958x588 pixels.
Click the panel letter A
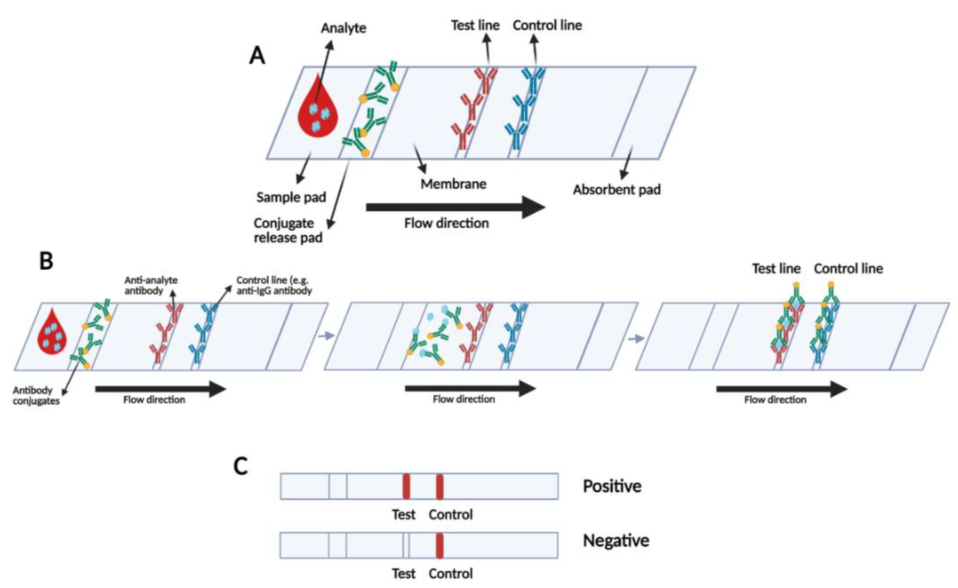pos(257,56)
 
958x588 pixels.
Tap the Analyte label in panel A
pos(343,28)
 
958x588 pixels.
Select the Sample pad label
pos(291,197)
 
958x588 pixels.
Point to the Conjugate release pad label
pos(288,230)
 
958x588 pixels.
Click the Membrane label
pos(453,184)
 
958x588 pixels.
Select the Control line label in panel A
pos(547,25)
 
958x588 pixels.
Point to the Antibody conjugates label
pos(36,396)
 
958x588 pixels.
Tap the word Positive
pos(612,486)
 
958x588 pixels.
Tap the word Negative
pos(616,541)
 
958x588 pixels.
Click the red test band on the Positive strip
pos(406,486)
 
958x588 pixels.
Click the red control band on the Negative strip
pos(439,545)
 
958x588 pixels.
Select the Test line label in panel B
pos(776,268)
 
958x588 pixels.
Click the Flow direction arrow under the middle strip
pos(470,388)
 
